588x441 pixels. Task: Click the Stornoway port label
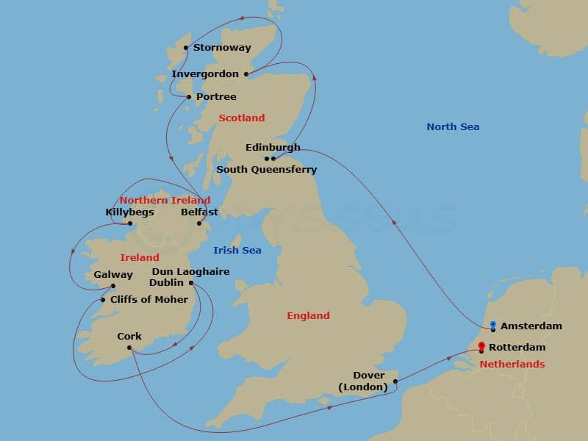coord(222,48)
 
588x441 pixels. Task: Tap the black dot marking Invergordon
coord(245,73)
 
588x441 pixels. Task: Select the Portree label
coord(216,97)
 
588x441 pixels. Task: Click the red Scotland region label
coord(241,118)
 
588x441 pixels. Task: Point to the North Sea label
coord(453,127)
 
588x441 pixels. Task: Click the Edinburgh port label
coord(273,148)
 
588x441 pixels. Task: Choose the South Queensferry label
coord(266,170)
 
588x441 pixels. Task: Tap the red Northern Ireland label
coord(165,200)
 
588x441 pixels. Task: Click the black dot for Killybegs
coord(129,223)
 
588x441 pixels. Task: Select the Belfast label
coord(199,212)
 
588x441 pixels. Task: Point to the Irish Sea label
coord(237,251)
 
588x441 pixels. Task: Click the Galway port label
coord(113,275)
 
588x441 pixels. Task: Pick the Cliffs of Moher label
coord(148,300)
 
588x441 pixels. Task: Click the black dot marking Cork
coord(129,348)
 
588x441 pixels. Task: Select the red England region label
coord(308,316)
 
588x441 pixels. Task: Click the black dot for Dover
coord(395,381)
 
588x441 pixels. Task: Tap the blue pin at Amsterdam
coord(492,325)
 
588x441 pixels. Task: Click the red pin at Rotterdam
coord(481,346)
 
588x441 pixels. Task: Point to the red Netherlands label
coord(512,365)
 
